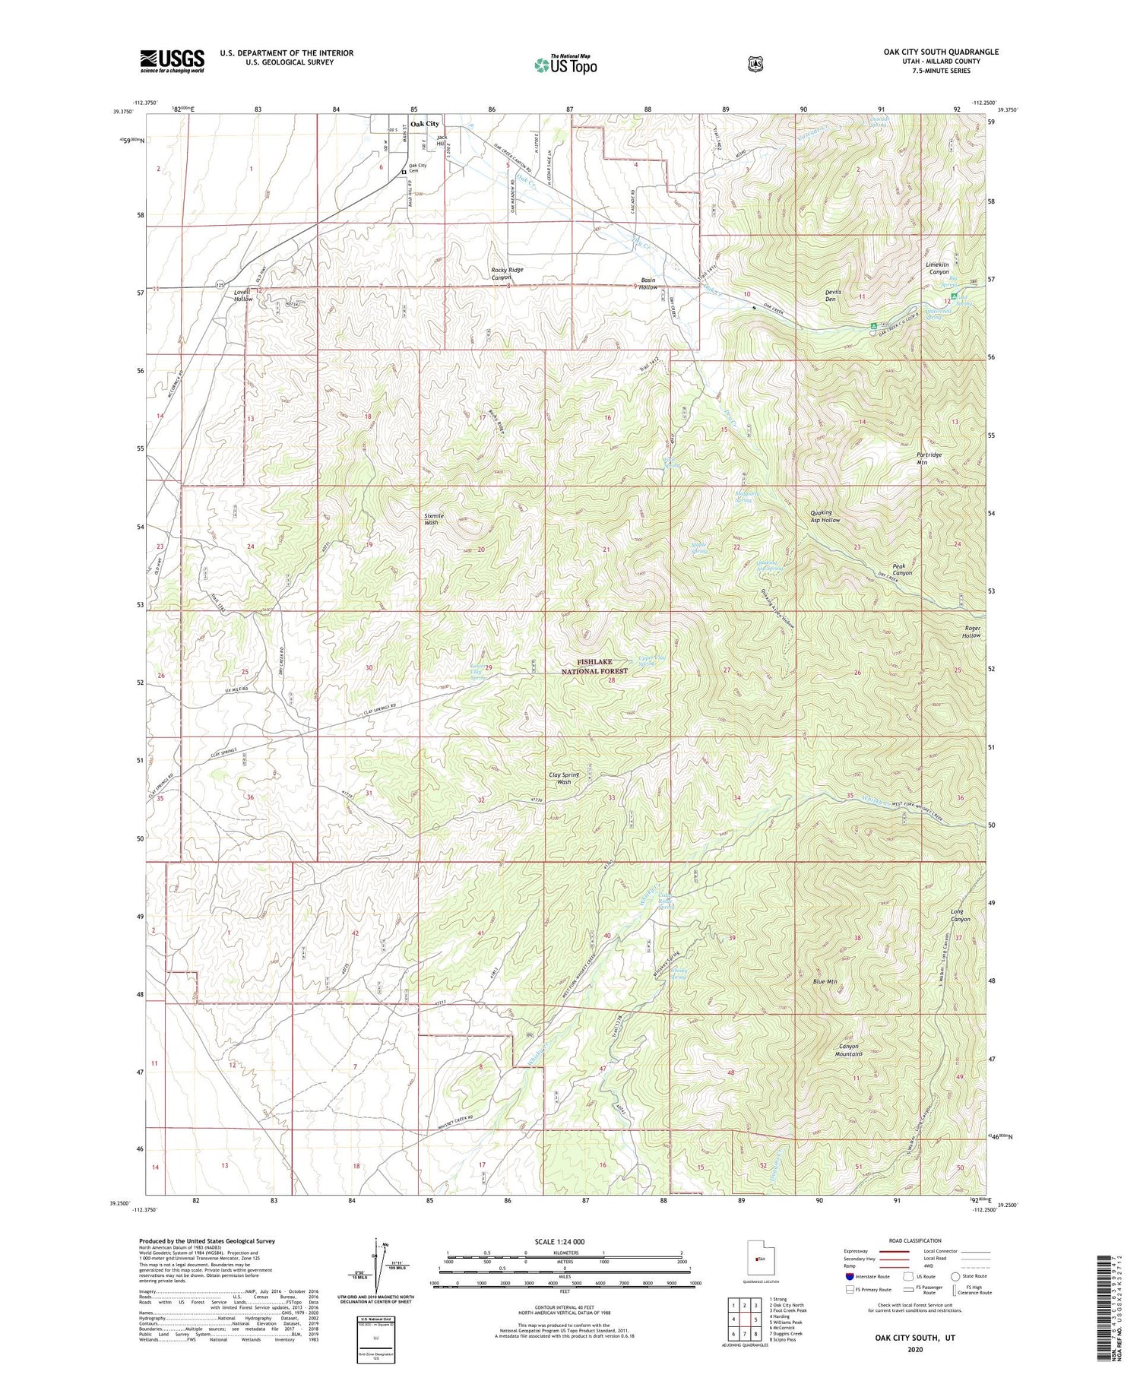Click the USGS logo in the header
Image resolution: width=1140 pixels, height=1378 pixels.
click(x=172, y=61)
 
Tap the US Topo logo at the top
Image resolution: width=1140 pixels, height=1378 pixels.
click(x=565, y=65)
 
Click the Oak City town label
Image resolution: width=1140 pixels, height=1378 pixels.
click(x=425, y=123)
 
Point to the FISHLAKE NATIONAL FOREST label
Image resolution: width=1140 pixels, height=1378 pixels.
click(x=594, y=667)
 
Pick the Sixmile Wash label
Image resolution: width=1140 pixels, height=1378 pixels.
click(x=432, y=519)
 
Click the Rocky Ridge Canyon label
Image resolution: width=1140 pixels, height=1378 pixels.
click(x=507, y=274)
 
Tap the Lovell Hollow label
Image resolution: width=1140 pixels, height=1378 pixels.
click(x=242, y=295)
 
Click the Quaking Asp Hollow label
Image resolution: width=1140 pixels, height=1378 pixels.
click(x=825, y=516)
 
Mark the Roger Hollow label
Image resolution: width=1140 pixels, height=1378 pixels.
click(x=972, y=632)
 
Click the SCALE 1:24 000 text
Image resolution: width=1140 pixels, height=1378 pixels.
click(x=565, y=1242)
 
